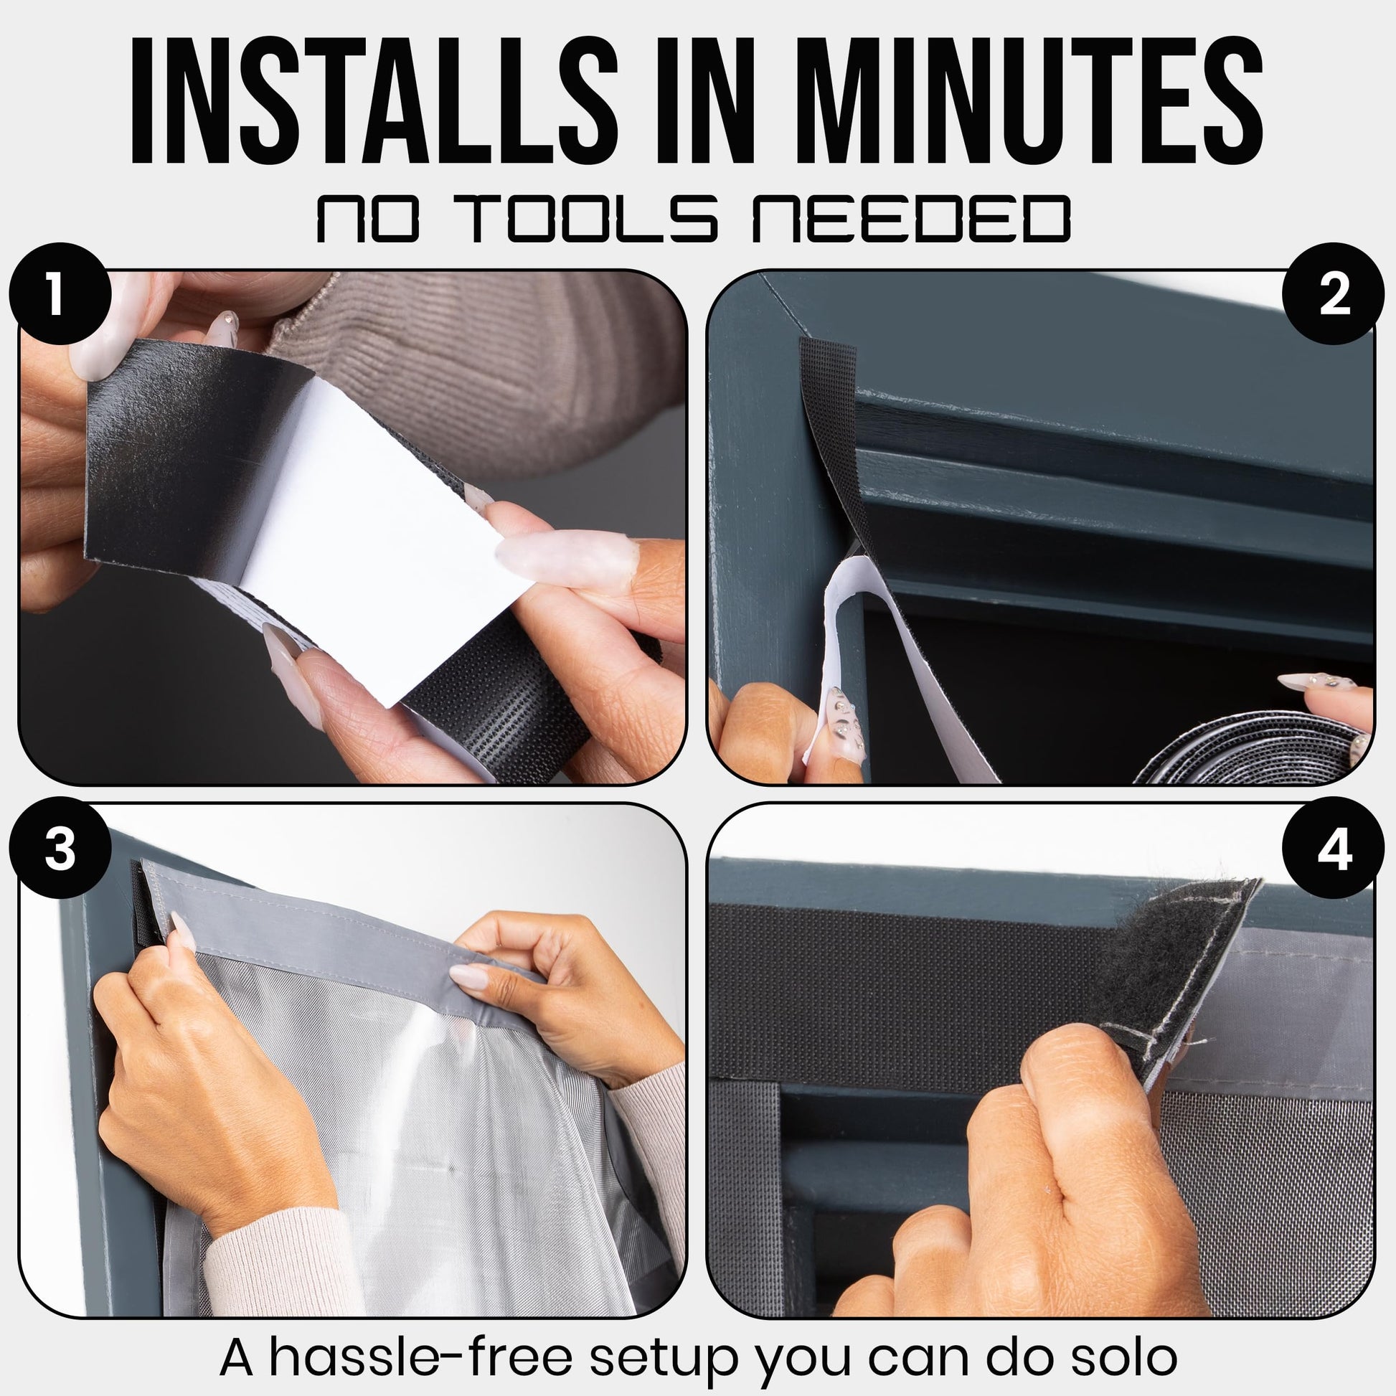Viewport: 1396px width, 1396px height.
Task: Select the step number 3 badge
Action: pyautogui.click(x=60, y=849)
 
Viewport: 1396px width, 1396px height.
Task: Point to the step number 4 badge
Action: pyautogui.click(x=1334, y=849)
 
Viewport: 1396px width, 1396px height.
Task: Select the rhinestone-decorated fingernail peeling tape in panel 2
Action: pyautogui.click(x=843, y=722)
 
